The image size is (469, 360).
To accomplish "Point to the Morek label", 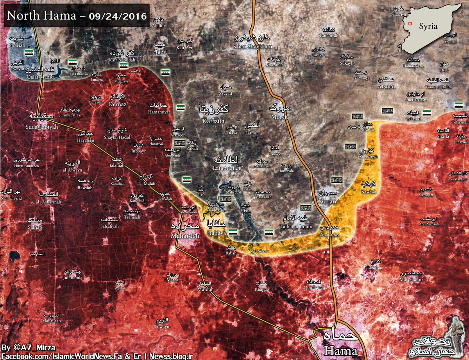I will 278,117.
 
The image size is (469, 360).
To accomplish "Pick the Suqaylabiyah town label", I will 41,127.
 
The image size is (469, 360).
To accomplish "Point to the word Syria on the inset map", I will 428,27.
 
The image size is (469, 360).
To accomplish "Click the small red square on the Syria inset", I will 410,23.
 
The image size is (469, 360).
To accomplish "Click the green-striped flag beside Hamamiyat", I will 180,107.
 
